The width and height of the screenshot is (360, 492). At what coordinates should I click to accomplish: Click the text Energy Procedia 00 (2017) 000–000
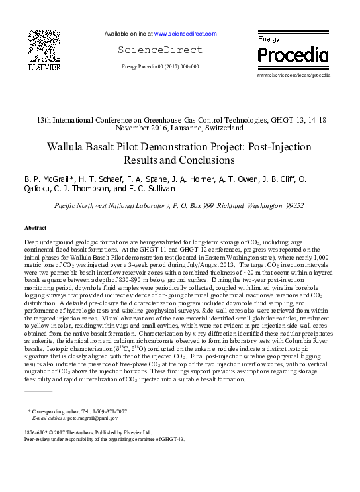[x=160, y=67]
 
